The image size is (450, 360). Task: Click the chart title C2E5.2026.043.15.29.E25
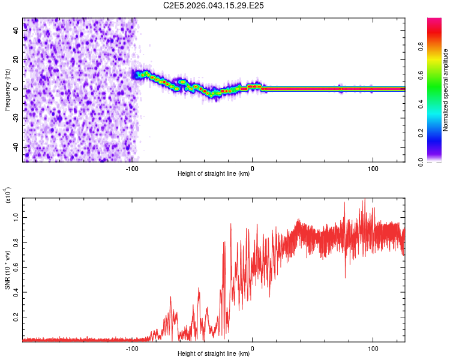(214, 5)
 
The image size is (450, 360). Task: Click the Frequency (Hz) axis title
(7, 90)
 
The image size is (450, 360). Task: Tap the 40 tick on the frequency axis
(16, 31)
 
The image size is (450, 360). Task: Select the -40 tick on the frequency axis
(15, 147)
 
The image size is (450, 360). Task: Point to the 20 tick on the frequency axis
(16, 60)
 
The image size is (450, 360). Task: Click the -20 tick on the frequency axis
(15, 118)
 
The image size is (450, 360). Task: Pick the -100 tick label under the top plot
(133, 168)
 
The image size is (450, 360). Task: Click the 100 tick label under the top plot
(373, 168)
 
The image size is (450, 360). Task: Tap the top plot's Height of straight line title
(214, 174)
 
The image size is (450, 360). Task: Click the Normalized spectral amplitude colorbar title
(446, 90)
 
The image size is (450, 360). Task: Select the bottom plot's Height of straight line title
(214, 354)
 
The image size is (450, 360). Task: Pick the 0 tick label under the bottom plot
(252, 348)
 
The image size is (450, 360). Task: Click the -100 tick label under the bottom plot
(133, 348)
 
